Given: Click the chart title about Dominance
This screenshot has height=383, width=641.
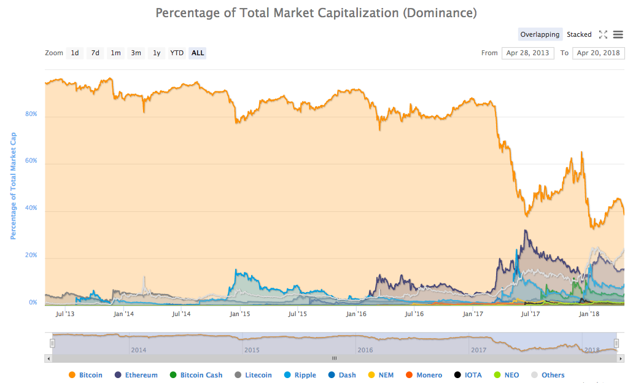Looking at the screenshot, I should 316,13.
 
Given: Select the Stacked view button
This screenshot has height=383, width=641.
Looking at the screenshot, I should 579,34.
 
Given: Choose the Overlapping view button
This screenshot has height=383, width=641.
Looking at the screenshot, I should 540,34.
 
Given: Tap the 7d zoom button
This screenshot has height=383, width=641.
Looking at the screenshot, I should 95,53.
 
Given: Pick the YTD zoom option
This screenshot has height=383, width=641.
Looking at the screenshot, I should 177,53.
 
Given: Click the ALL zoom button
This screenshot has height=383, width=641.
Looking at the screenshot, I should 198,53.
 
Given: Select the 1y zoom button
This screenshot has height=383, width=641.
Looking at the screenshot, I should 157,53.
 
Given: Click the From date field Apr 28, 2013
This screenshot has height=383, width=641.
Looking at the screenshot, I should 527,53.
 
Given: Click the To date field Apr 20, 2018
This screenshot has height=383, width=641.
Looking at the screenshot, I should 598,53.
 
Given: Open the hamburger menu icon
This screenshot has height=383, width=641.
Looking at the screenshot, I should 618,34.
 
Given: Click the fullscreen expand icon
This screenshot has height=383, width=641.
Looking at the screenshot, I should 603,34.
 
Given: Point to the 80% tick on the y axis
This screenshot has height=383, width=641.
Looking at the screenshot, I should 31,114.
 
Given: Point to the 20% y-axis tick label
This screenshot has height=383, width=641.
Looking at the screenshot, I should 31,255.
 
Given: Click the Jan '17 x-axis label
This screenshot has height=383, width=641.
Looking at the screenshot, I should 472,314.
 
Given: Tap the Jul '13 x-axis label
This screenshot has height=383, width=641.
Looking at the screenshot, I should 65,314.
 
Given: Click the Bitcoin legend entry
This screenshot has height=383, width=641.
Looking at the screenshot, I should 85,375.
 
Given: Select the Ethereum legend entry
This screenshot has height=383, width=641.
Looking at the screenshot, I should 136,375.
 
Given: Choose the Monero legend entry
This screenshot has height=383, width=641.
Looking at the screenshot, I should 424,375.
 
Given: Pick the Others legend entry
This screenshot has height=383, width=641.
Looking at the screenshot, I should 548,375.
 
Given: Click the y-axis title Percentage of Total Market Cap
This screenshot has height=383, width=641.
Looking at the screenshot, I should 13,185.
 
